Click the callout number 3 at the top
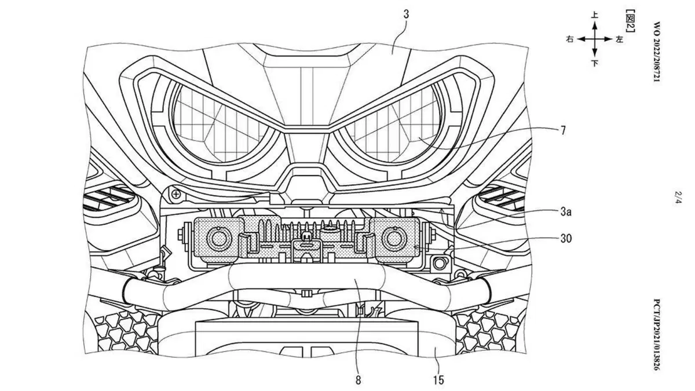point(406,14)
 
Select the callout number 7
point(563,130)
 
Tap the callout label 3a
point(566,212)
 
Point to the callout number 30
point(566,238)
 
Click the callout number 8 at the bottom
point(358,380)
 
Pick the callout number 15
point(439,380)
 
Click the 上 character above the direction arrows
point(594,15)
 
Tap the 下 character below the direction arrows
point(594,63)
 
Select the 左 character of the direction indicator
point(619,39)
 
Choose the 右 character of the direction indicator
point(570,39)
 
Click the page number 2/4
point(678,198)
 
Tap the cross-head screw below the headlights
point(176,195)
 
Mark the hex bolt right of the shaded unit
point(439,264)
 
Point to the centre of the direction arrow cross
point(594,39)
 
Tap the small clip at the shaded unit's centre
point(306,238)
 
